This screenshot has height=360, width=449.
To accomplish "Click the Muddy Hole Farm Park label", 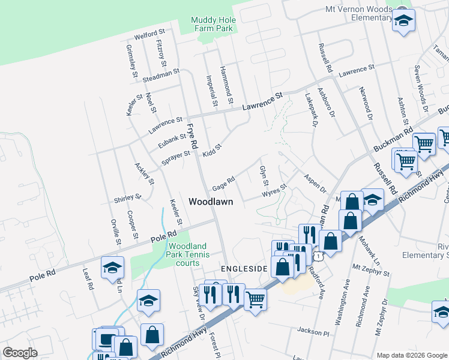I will [213, 24].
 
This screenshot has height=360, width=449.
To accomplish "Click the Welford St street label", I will [150, 34].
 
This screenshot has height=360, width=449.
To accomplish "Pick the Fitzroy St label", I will [161, 52].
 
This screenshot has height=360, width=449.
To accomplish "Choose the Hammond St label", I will [226, 83].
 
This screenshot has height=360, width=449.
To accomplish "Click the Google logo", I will [20, 353].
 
